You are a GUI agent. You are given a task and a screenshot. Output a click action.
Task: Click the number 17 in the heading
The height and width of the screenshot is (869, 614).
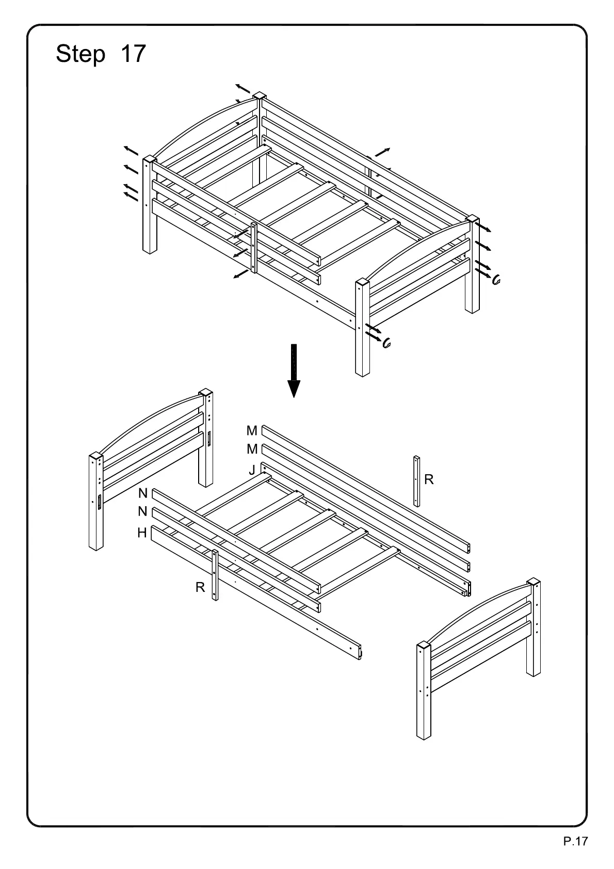pos(133,54)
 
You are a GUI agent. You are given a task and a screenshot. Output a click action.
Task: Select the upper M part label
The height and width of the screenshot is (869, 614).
pos(252,431)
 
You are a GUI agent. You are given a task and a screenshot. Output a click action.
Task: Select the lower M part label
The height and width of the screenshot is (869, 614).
pos(252,449)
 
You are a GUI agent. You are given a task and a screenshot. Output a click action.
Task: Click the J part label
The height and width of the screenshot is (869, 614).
pos(252,470)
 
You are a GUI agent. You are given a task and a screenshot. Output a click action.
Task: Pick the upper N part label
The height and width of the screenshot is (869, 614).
pos(143,493)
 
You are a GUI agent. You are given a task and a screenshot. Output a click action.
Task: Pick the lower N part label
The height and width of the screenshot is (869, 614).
pos(143,512)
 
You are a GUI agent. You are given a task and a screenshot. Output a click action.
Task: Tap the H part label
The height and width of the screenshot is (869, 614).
pos(142,533)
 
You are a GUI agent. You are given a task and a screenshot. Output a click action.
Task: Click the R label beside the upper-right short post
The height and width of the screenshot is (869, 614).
pos(429,479)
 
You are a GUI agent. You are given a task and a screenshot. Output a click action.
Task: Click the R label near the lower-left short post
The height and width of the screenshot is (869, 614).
pos(200,587)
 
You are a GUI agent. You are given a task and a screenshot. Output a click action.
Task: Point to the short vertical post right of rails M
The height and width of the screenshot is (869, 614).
pos(416,480)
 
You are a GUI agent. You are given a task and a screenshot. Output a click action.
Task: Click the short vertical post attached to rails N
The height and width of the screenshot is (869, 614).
pos(215,575)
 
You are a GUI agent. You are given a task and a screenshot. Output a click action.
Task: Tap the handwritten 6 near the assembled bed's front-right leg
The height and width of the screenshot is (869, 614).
pos(385,344)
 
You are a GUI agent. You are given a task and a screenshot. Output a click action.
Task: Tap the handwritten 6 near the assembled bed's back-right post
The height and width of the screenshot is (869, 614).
pos(496,280)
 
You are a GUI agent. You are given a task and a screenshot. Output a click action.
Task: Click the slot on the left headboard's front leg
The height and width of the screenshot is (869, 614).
pos(99,502)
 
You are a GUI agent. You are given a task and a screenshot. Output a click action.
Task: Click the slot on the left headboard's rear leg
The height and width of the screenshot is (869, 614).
pos(209,439)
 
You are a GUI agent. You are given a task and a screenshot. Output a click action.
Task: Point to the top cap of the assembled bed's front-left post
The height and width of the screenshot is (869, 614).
pos(150,159)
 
